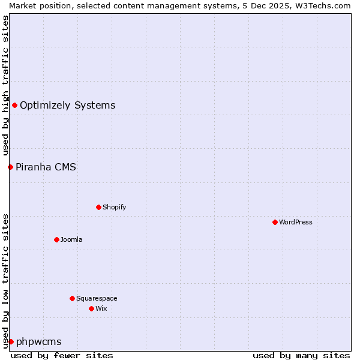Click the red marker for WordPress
275,222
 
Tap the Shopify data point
98,207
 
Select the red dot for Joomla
56,239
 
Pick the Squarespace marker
72,298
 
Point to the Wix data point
91,308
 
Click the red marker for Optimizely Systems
14,106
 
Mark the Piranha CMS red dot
10,167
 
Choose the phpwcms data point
11,341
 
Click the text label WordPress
296,222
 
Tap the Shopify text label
115,207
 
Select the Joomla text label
71,239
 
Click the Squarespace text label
97,298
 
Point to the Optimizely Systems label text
67,106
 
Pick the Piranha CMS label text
46,167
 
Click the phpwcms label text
38,341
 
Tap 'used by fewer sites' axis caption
62,355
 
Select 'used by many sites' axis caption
301,355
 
